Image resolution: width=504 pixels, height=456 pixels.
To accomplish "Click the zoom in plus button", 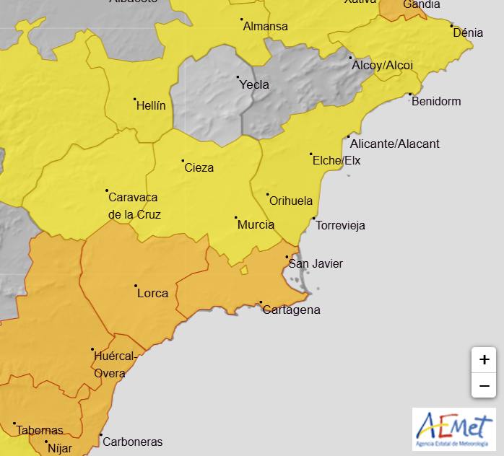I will pyautogui.click(x=485, y=359).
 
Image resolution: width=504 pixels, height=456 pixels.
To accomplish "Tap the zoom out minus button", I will pyautogui.click(x=485, y=385).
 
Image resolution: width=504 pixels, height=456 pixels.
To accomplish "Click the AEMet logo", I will pyautogui.click(x=453, y=429).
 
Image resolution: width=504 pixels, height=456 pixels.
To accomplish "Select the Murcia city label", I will pyautogui.click(x=256, y=224).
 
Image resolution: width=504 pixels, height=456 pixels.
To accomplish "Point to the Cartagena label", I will pyautogui.click(x=291, y=310).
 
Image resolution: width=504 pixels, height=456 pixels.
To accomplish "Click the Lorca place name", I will pyautogui.click(x=152, y=293).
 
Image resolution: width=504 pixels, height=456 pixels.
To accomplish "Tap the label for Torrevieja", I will pyautogui.click(x=340, y=225).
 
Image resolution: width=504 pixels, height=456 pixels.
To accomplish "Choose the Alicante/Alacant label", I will pyautogui.click(x=394, y=144).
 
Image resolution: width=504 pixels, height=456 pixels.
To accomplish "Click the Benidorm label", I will pyautogui.click(x=435, y=101).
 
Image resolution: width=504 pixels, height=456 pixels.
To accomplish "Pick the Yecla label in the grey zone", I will pyautogui.click(x=254, y=84).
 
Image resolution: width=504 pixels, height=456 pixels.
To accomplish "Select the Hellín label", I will pyautogui.click(x=151, y=105).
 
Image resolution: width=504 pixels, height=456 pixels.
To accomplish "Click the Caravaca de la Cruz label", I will pyautogui.click(x=134, y=206).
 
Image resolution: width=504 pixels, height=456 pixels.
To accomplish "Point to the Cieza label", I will pyautogui.click(x=199, y=167).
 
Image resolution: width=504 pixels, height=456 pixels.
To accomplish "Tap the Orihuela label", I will pyautogui.click(x=290, y=201).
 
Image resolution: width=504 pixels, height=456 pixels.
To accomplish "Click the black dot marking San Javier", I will pyautogui.click(x=287, y=257).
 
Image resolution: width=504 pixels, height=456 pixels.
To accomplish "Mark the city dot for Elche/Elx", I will pyautogui.click(x=311, y=154).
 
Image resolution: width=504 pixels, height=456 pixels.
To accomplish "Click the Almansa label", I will pyautogui.click(x=266, y=27).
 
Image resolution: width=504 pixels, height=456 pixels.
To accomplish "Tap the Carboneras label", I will pyautogui.click(x=132, y=442).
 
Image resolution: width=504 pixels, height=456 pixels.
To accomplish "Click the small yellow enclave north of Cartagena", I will pyautogui.click(x=244, y=270).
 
